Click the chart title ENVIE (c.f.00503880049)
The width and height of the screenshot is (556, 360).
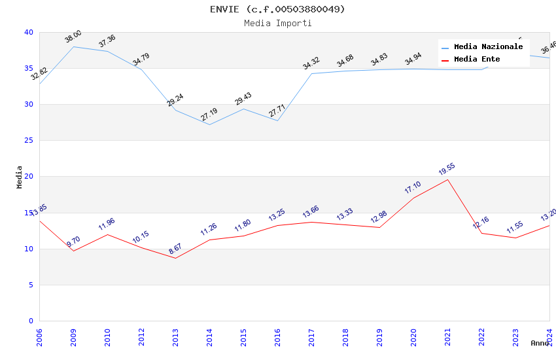[277, 9]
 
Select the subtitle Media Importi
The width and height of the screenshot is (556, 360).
[277, 24]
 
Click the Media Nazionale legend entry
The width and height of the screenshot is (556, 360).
[488, 47]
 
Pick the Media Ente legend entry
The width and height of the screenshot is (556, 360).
[477, 60]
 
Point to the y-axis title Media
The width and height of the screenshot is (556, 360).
[20, 177]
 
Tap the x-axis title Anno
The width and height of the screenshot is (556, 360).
[540, 343]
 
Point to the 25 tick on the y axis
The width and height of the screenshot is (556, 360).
[29, 141]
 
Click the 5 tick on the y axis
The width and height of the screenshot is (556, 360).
[31, 285]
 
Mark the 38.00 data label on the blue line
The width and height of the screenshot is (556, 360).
[73, 37]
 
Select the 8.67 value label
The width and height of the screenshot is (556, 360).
[175, 249]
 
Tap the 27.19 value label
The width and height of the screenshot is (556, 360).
[209, 115]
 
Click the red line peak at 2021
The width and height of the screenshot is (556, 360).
[447, 179]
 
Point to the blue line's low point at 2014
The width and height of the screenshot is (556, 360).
[209, 124]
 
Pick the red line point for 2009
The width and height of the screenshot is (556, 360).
[73, 251]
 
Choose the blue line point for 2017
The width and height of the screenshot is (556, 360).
[311, 73]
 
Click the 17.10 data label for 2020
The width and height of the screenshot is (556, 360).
[413, 187]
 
